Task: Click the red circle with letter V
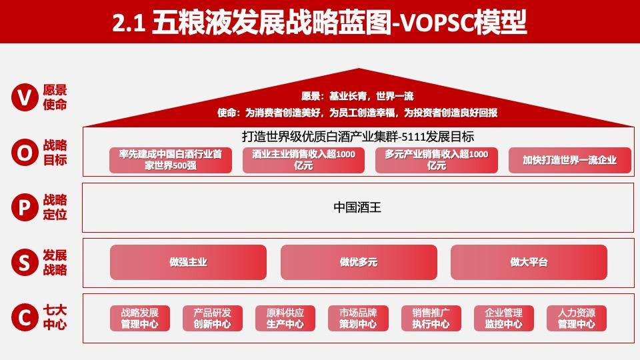(25, 98)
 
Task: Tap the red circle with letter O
(25, 153)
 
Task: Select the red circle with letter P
(25, 208)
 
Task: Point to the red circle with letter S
(25, 263)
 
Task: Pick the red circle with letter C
(25, 318)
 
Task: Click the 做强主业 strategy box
(188, 262)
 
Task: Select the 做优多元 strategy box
(359, 262)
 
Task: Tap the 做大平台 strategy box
(529, 262)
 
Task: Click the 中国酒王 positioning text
(357, 207)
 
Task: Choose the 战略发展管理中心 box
(140, 318)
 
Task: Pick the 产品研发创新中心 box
(213, 318)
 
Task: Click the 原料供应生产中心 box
(285, 318)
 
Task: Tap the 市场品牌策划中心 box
(358, 318)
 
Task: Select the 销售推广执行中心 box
(431, 318)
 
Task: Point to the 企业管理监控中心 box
(504, 318)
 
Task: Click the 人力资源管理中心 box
(577, 318)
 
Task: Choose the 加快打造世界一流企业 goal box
(569, 160)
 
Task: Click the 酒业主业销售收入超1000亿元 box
(303, 160)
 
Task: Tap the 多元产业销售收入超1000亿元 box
(437, 160)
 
